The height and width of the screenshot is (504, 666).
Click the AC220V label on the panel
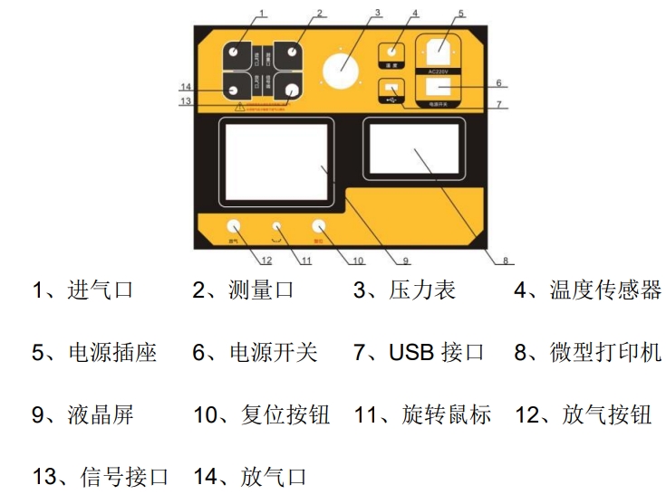(439, 71)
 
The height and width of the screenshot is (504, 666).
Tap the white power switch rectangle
(439, 88)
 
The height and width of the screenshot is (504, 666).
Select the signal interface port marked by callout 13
(292, 90)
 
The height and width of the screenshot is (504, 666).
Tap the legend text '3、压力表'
(404, 290)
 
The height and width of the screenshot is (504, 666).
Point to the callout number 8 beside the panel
(505, 261)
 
